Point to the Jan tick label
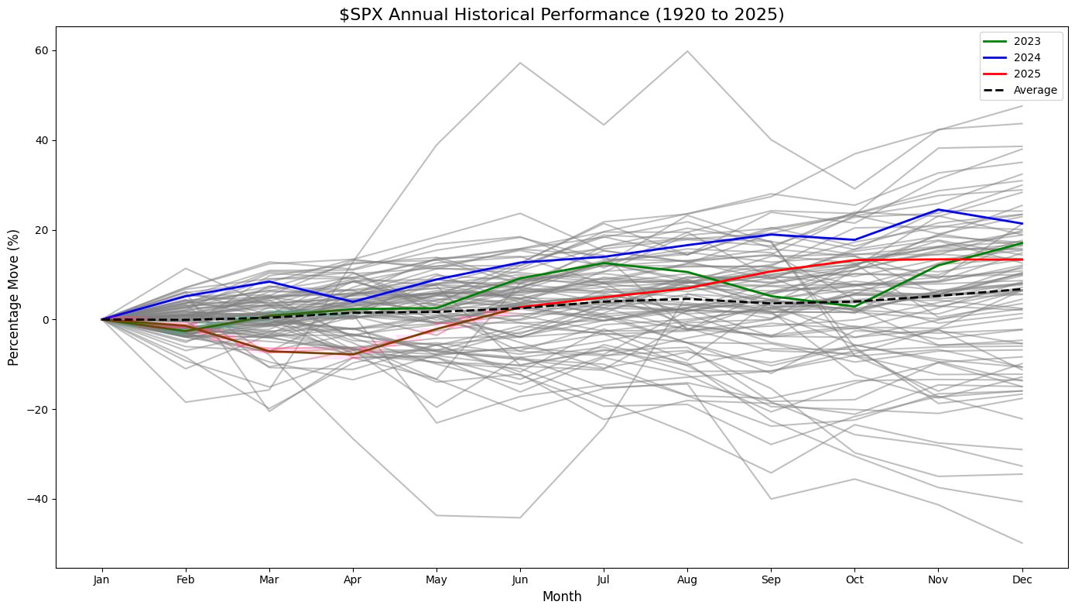point(101,579)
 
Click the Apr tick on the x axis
point(353,579)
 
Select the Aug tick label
point(687,579)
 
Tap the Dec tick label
point(1022,579)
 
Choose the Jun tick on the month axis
point(520,579)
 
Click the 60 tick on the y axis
point(40,50)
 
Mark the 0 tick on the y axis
point(44,319)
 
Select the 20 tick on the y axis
point(40,230)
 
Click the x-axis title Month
point(561,597)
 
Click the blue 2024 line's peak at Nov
point(938,209)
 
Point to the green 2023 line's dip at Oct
point(854,307)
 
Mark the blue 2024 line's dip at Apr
point(353,301)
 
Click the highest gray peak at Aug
point(687,51)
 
